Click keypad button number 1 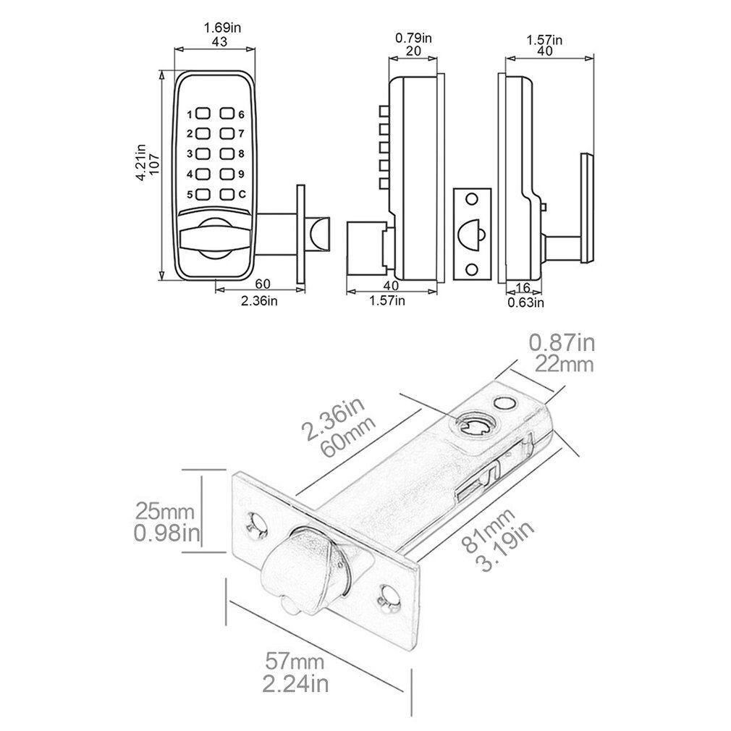coord(203,114)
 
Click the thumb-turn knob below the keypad coord(214,236)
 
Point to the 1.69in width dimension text coord(216,28)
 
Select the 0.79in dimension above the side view coord(413,37)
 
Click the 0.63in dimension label coord(525,302)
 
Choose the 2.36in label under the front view coord(259,300)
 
